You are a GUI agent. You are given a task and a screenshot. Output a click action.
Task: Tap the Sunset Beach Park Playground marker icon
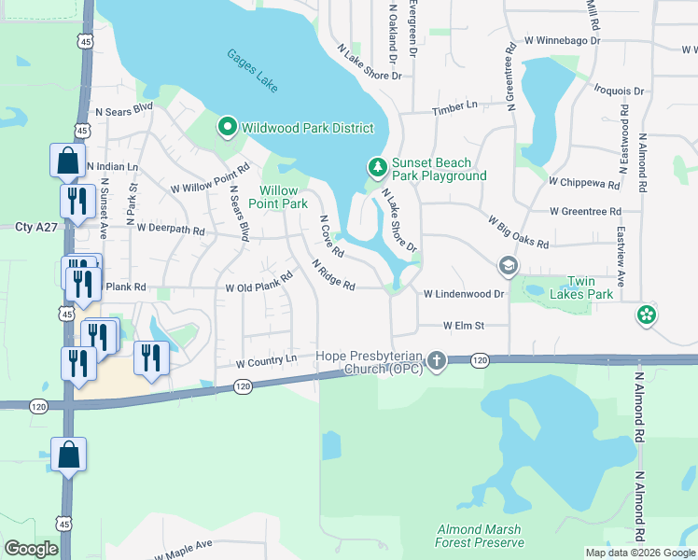point(377,167)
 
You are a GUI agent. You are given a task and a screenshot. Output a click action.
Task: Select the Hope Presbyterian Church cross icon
point(437,360)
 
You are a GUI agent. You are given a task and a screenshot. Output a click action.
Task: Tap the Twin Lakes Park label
point(590,287)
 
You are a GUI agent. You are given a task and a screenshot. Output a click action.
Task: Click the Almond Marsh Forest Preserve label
point(479,536)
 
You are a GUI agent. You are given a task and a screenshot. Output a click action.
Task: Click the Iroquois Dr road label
point(619,91)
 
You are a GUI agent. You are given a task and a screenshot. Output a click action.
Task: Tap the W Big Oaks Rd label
point(518,231)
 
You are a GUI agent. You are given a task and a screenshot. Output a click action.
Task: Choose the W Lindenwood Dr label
point(464,293)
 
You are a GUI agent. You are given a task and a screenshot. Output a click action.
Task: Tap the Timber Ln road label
point(454,110)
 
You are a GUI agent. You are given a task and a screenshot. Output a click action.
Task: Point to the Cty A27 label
point(36,227)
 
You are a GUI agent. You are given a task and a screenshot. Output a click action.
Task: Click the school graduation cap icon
point(508,267)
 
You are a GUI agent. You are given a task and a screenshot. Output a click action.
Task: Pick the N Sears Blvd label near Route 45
point(124,108)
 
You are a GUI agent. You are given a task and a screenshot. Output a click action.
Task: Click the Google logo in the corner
point(31,549)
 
